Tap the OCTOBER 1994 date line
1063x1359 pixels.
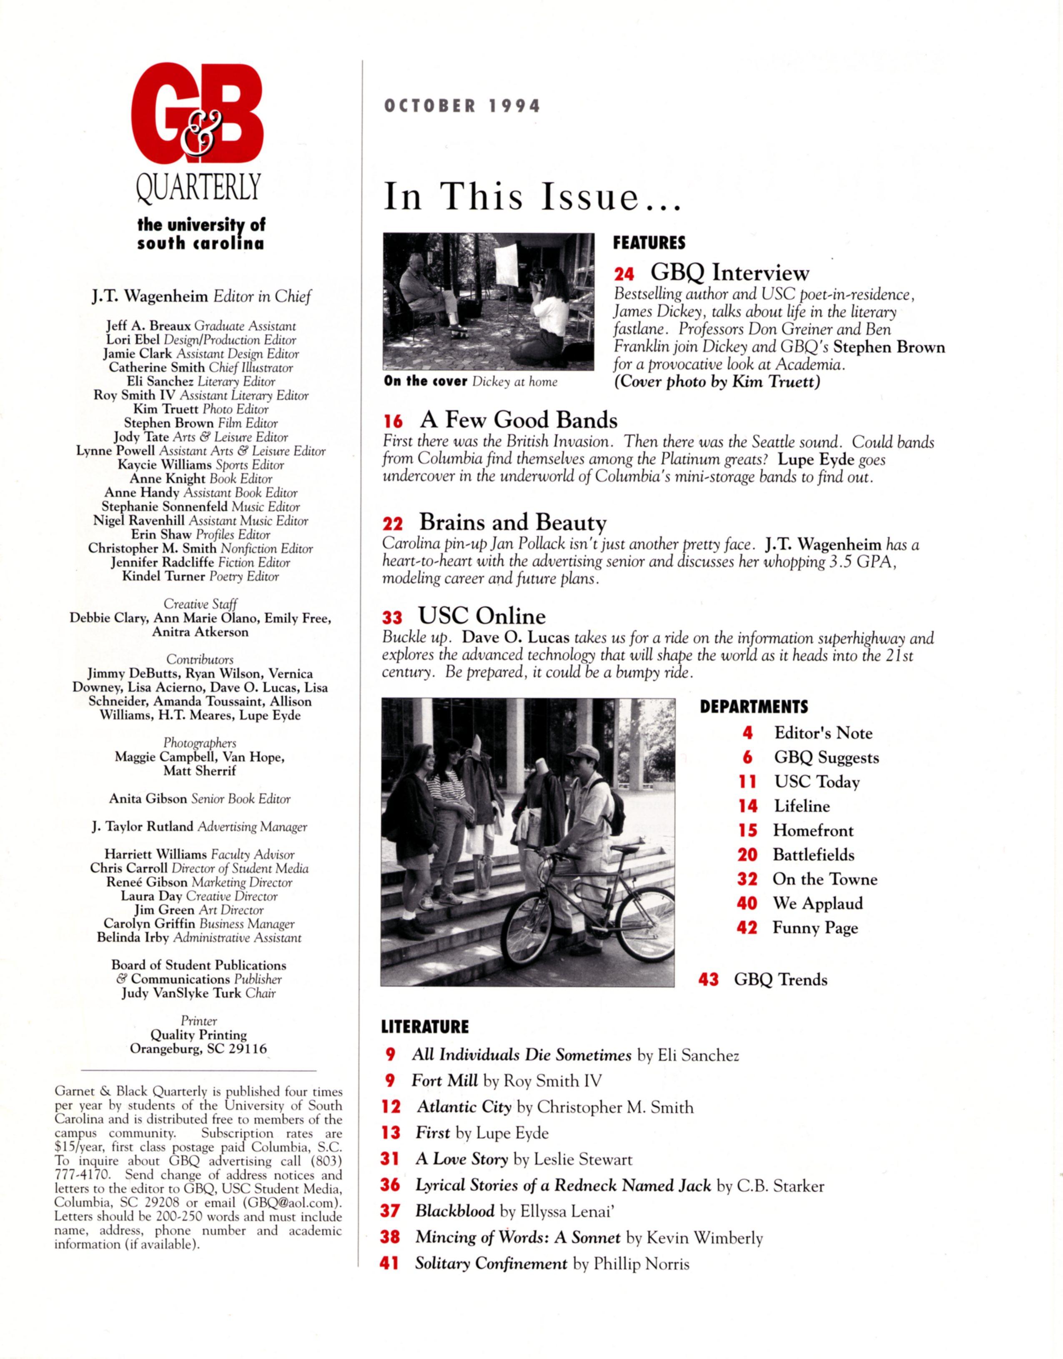pyautogui.click(x=462, y=106)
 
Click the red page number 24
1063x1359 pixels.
pyautogui.click(x=624, y=274)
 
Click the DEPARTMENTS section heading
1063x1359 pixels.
pyautogui.click(x=754, y=707)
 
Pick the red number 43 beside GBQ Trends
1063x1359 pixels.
pyautogui.click(x=709, y=980)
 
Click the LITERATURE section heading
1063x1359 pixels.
pyautogui.click(x=424, y=1027)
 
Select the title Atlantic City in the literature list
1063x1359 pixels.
pyautogui.click(x=464, y=1107)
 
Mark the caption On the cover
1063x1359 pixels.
pyautogui.click(x=426, y=381)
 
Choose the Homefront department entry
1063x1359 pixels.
pyautogui.click(x=813, y=831)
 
